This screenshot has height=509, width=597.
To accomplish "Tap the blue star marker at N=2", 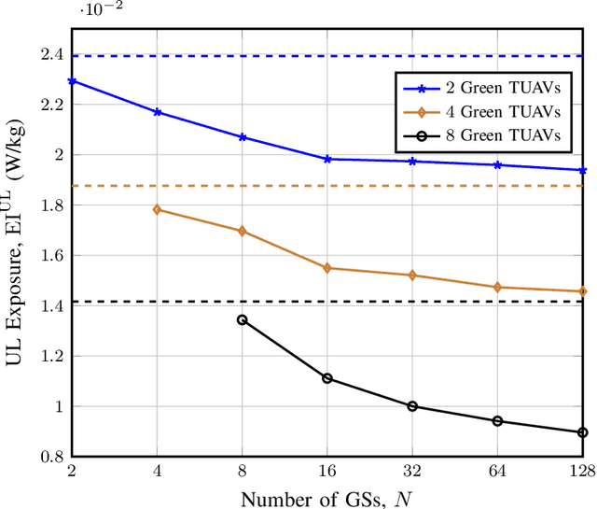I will [72, 81].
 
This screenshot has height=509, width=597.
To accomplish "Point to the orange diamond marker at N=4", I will [158, 209].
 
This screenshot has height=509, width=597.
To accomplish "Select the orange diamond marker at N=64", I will [497, 288].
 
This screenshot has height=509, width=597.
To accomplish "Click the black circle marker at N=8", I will [243, 319].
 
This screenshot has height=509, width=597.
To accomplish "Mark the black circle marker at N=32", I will [412, 406].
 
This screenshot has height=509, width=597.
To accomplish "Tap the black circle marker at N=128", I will [582, 432].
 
